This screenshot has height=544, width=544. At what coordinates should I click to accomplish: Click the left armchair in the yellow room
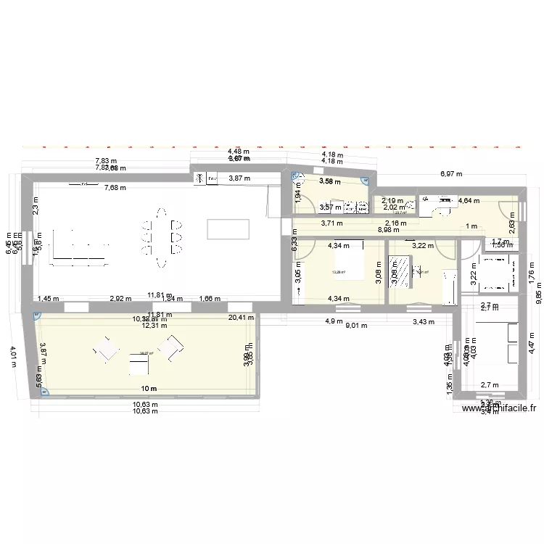[106, 351]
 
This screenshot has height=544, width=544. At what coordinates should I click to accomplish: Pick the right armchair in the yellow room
[173, 349]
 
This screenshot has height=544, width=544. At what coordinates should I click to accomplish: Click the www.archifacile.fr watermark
[500, 410]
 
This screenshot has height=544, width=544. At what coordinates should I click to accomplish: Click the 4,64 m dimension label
[468, 201]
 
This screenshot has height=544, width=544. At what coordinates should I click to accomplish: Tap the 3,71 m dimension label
[331, 223]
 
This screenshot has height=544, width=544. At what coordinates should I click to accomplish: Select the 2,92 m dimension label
[120, 298]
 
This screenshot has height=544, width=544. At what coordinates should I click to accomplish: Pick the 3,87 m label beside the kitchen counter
[239, 178]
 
